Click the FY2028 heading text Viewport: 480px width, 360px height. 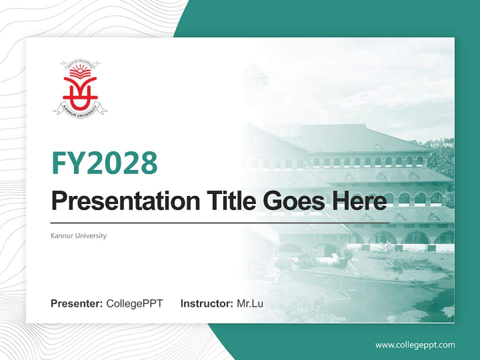click(104, 163)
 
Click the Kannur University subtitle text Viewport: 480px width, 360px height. click(78, 235)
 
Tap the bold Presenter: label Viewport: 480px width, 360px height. click(77, 303)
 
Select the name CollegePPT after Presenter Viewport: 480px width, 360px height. click(134, 303)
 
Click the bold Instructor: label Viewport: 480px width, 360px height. click(206, 303)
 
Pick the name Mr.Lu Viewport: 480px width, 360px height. click(250, 303)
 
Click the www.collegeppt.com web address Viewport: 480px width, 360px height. click(415, 344)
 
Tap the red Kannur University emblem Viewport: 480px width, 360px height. click(80, 90)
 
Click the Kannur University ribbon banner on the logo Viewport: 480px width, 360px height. click(80, 108)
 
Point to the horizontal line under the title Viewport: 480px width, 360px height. click(220, 222)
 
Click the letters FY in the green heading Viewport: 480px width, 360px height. click(67, 163)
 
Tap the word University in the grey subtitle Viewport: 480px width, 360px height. click(90, 235)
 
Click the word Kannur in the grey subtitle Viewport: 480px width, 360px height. click(61, 235)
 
